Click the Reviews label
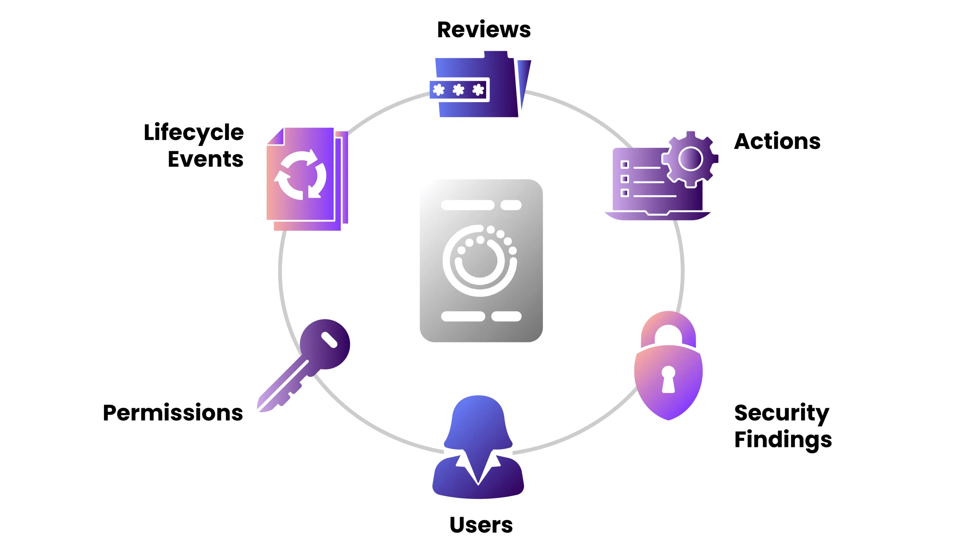(x=484, y=30)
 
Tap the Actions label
(x=777, y=141)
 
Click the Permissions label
(x=173, y=413)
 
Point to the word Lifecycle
(x=193, y=132)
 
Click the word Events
(x=205, y=159)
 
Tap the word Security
(x=782, y=413)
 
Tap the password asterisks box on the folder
(x=459, y=90)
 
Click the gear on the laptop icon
(x=690, y=159)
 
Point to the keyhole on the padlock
(x=668, y=379)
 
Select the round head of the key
(x=325, y=343)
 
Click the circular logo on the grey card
(x=480, y=261)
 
